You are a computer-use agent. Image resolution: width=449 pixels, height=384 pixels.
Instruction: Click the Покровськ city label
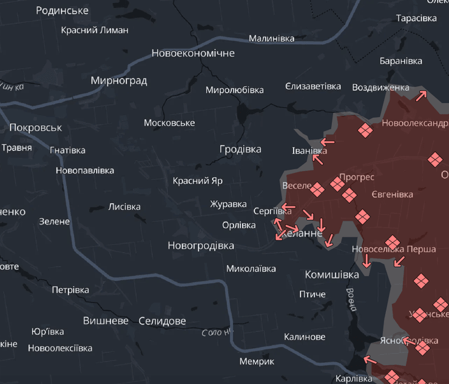pos(36,127)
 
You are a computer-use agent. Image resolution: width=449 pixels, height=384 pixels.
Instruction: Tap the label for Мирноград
pos(119,80)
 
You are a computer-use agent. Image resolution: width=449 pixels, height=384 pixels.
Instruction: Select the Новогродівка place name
pos(200,246)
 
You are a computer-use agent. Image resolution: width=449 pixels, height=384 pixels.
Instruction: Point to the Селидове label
pos(162,321)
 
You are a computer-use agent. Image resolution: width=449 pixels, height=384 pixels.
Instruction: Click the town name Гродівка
pos(240,149)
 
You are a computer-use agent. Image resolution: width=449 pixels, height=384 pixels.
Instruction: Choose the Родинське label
pos(62,10)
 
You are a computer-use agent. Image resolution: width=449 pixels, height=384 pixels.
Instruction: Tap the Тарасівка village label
pos(416,18)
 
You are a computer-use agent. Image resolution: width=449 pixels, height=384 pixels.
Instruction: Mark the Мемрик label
pos(257,361)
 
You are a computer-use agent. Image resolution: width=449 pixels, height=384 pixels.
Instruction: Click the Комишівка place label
pos(331,274)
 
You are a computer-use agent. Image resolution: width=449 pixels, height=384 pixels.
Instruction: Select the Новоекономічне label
pos(193,53)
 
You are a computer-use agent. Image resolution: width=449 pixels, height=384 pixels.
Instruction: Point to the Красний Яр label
pos(197,181)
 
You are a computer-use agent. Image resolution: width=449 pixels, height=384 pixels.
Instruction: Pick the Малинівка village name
pos(271,38)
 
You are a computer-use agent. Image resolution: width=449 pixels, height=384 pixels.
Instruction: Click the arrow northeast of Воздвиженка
pos(421,95)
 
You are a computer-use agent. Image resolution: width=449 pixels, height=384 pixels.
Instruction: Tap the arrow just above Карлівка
pos(370,360)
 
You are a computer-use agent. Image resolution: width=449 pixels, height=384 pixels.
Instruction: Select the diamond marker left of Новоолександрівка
pos(365,130)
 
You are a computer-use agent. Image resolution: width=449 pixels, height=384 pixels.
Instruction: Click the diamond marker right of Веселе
pos(317,190)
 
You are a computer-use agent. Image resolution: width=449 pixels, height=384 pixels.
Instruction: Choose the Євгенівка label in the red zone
pos(392,194)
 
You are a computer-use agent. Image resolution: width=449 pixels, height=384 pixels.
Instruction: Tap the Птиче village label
pos(312,294)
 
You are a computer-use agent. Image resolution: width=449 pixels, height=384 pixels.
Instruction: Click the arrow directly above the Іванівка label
pos(327,142)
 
